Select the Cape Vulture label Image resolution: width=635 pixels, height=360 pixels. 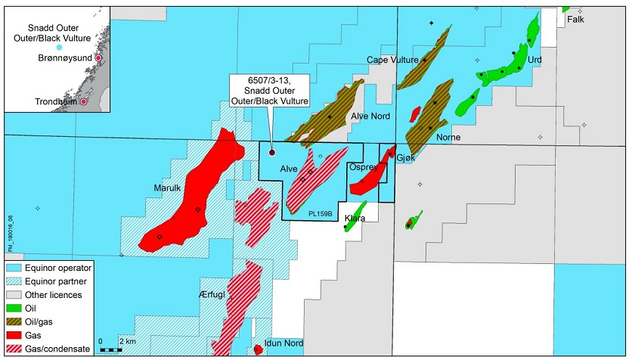tap(391, 59)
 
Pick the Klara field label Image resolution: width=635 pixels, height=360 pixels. tap(355, 219)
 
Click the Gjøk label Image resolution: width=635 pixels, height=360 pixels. tap(406, 151)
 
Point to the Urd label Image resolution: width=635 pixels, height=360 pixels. tap(535, 59)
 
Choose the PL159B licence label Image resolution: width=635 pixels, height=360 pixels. tap(321, 214)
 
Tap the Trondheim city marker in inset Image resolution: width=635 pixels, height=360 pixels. tap(84, 101)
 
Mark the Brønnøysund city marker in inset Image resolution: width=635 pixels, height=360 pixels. tap(98, 57)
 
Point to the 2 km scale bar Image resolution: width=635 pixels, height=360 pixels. tap(110, 349)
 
